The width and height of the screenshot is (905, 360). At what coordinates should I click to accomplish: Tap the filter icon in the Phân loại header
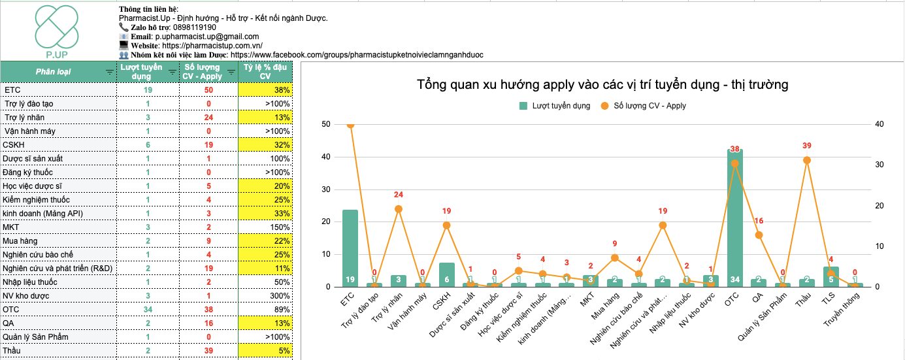coord(109,72)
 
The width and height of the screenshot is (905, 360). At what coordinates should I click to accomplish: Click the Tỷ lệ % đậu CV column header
coord(265,71)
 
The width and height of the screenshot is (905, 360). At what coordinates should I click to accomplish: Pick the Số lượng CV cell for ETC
coord(208,90)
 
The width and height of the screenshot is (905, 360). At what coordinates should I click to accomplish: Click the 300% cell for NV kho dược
coord(281,296)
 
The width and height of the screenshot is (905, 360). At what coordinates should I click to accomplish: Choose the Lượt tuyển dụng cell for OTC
coord(148,310)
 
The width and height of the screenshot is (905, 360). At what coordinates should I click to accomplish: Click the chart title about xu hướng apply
coord(602,84)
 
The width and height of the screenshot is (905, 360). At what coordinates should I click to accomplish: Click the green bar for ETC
coord(350,248)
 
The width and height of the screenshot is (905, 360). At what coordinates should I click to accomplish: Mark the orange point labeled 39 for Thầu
coord(807,160)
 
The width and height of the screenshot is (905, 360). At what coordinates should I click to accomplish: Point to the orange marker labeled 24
coord(399,209)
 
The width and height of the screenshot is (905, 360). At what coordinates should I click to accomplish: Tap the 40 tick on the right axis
coord(879,124)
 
